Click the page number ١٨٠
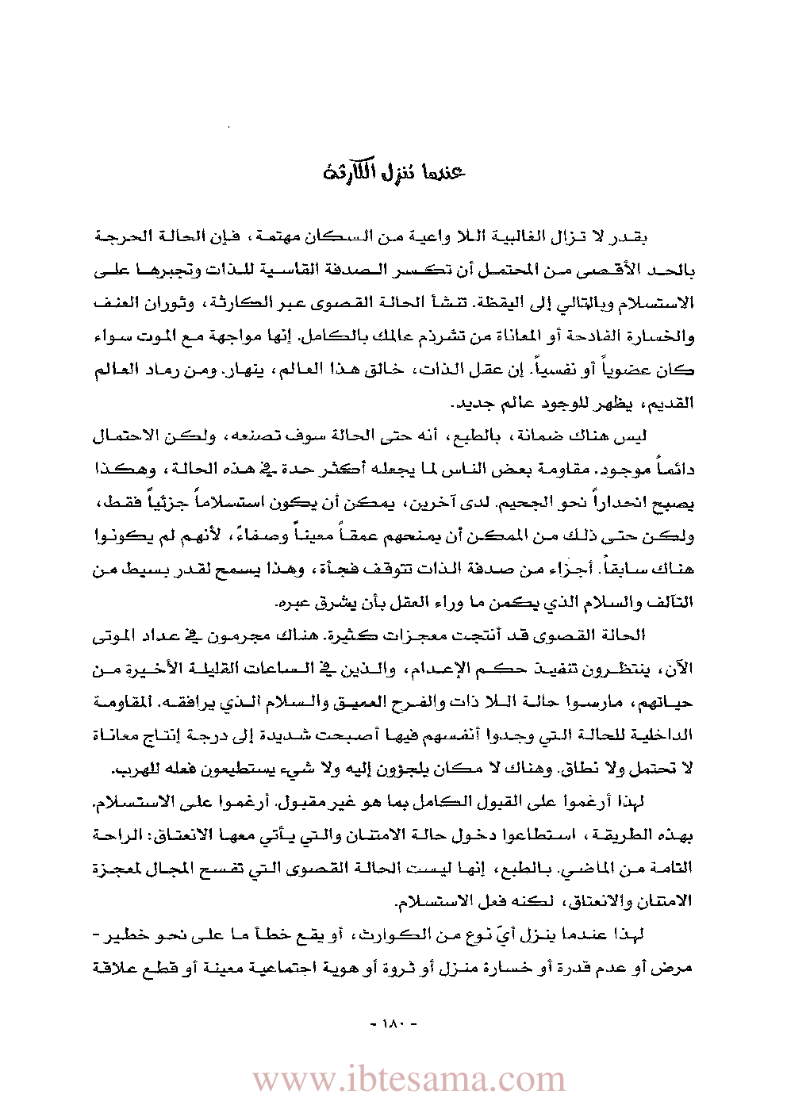coord(394,1023)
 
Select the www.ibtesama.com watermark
coord(409,1079)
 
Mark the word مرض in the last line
coord(680,968)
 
